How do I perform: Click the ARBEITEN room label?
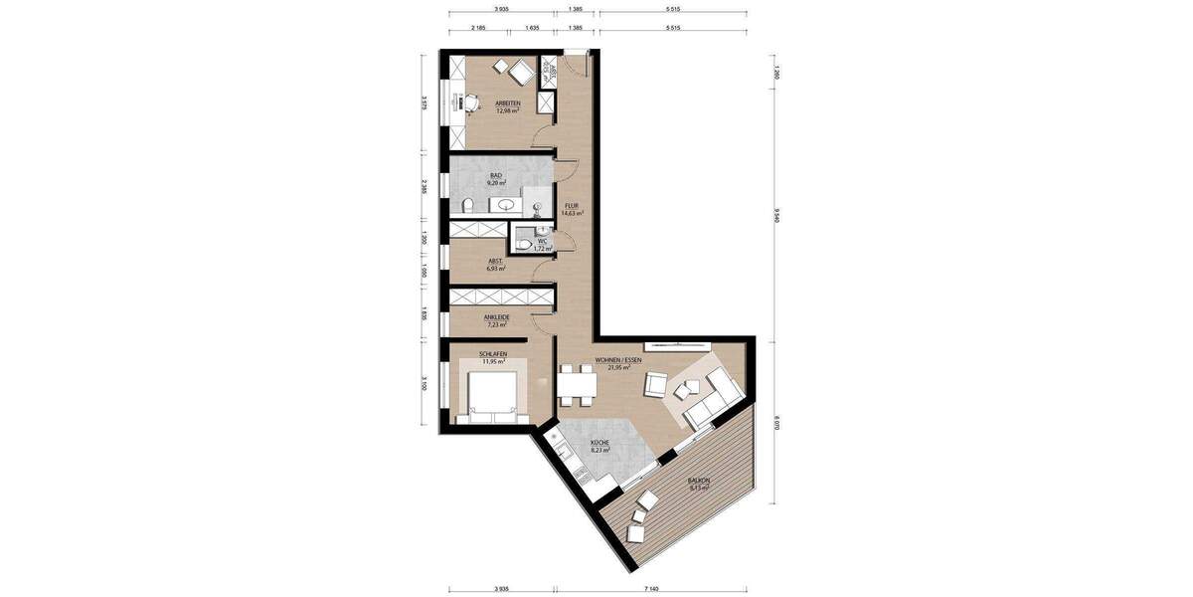point(508,103)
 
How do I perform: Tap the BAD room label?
point(496,175)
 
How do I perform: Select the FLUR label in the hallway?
point(572,206)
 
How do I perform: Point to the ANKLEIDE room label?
point(496,317)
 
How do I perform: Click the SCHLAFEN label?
point(493,353)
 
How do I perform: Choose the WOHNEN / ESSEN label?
point(618,359)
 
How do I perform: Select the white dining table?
point(576,383)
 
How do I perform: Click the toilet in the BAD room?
point(467,206)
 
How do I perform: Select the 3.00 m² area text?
point(549,72)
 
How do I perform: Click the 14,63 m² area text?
point(572,213)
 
